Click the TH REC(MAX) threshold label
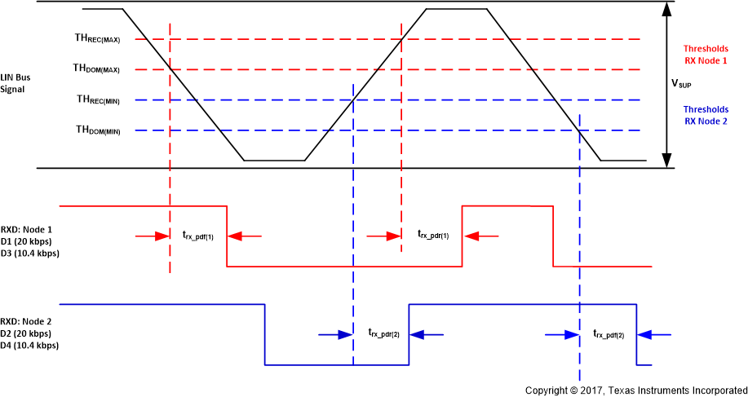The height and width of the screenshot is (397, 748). coord(97,38)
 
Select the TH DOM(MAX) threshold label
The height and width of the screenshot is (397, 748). coord(97,68)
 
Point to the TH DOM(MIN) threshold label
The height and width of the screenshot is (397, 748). coord(98,130)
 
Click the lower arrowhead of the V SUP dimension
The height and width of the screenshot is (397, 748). coord(668,161)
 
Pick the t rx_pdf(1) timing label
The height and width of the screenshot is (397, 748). coord(198,236)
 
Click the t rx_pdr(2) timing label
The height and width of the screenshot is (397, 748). coord(383,333)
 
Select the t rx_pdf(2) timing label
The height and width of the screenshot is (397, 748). coord(609,333)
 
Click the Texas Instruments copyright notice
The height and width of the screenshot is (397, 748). coord(635,390)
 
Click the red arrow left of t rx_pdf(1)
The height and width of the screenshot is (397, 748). coord(152,236)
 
